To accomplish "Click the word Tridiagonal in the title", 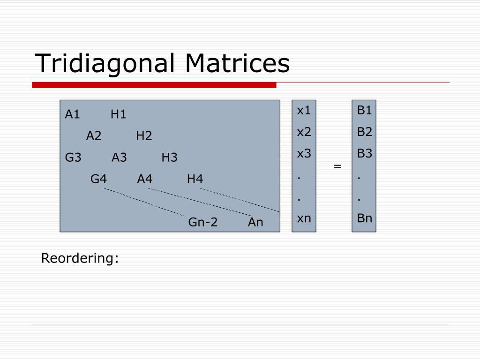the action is (105, 64).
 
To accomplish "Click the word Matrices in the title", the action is (237, 63).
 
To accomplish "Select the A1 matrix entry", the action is (72, 114).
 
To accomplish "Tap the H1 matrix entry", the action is (118, 114).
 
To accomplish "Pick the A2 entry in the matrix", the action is (94, 135).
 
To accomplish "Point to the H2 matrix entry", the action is (144, 135).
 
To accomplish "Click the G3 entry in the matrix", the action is (73, 157).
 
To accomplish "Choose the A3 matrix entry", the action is (119, 157).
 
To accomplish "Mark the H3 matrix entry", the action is (169, 157).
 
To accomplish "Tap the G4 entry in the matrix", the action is (98, 179).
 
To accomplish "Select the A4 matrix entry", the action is (144, 179).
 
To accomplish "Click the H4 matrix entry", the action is (195, 179).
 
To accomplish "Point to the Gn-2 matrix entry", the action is (202, 222).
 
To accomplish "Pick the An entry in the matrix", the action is (255, 222).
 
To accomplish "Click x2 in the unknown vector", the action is (304, 132).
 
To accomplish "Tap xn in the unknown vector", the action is (304, 218).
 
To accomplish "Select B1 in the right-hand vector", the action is (364, 110).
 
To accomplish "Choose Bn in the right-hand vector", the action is (365, 218).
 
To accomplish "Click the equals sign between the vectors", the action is (337, 166).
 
